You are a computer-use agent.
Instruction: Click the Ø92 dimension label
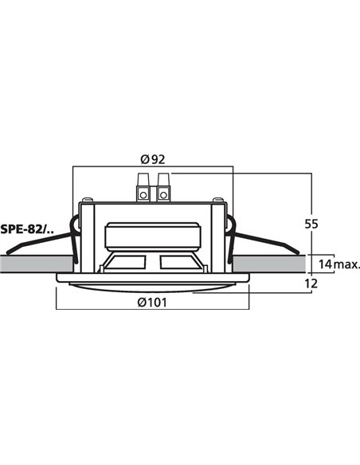(x=152, y=159)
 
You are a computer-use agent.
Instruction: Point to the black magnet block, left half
(x=127, y=266)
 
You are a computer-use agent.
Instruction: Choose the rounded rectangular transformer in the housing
(x=152, y=236)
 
